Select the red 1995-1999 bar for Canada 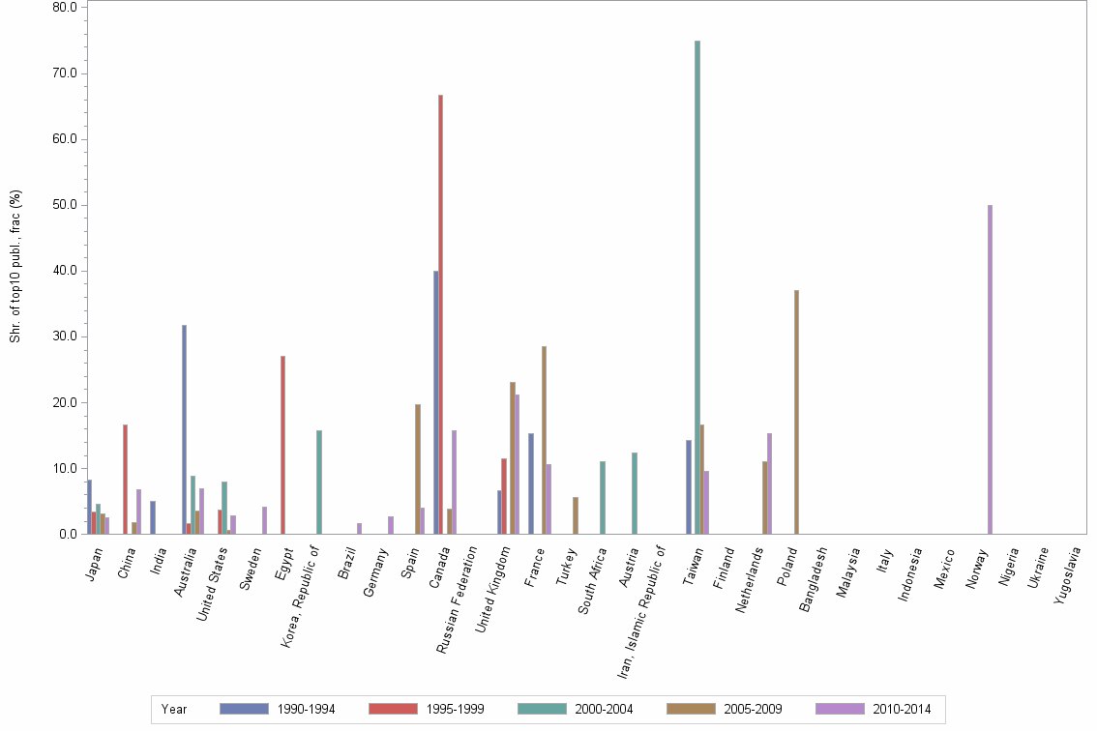tap(440, 314)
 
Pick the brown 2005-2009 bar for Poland tap(796, 412)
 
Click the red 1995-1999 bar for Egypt tap(282, 445)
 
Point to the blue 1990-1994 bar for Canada tap(435, 402)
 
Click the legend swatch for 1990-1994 tap(244, 709)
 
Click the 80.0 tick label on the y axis tap(64, 8)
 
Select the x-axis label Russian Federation tap(456, 600)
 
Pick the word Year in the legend tap(174, 710)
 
